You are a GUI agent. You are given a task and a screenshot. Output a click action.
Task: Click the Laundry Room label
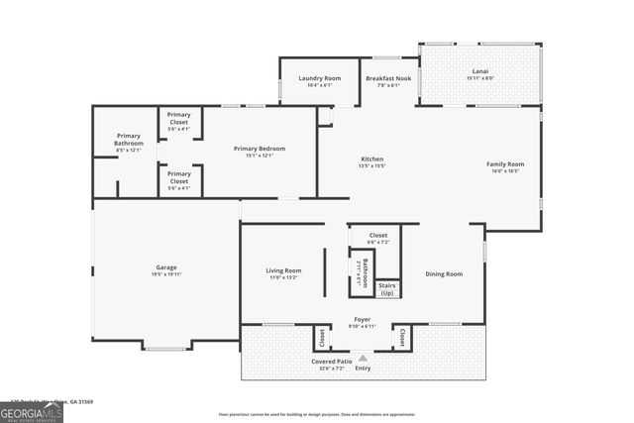coord(319,78)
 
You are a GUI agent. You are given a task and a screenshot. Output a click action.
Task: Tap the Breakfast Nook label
coord(381,78)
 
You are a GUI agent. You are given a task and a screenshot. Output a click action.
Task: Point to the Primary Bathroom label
coord(129,140)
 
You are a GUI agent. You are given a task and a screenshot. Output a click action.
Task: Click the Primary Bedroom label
coord(260,149)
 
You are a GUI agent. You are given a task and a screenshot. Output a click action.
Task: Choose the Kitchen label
coord(372,159)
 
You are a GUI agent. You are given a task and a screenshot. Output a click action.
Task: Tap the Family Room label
coord(505,163)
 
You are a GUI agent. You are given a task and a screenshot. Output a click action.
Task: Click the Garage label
coord(165,266)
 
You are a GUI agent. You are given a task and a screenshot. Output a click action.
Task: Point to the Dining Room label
coord(444,273)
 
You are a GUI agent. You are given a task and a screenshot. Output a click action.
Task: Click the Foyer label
coord(364,319)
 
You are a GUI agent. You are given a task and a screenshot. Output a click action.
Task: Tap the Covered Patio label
coord(331,362)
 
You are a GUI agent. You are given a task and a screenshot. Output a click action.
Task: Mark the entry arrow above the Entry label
coord(363,358)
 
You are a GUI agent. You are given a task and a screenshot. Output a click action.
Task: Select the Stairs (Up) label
coord(387,289)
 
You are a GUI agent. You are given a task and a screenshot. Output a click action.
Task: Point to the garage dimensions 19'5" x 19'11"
coord(165,273)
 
